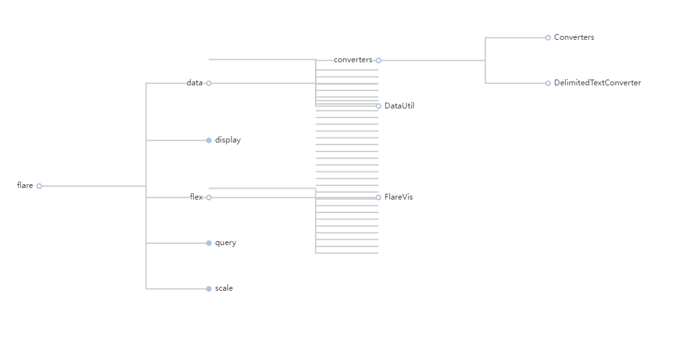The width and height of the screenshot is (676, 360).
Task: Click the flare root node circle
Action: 39,186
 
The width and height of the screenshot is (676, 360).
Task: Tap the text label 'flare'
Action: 25,185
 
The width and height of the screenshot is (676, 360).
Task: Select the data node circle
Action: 208,83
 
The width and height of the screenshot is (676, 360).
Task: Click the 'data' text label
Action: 194,83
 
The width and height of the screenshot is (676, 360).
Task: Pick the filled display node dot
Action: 208,141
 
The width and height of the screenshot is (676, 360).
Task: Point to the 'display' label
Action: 228,140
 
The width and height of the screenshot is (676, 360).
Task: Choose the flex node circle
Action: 208,198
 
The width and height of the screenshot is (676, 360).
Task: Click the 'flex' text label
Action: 196,197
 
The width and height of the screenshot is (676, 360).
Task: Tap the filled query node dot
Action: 208,243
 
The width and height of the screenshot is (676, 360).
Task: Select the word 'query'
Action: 225,243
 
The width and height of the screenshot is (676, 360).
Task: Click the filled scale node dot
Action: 208,289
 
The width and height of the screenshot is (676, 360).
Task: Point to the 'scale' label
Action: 224,288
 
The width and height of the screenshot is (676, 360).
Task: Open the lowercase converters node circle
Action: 378,60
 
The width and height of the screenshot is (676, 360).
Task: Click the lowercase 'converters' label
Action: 353,60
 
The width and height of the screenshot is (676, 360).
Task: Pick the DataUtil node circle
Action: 378,107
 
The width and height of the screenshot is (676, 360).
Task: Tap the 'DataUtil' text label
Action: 399,106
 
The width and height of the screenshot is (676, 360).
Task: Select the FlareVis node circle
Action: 378,198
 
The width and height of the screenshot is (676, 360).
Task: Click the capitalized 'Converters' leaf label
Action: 574,37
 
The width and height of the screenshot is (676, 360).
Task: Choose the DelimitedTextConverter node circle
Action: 548,83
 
